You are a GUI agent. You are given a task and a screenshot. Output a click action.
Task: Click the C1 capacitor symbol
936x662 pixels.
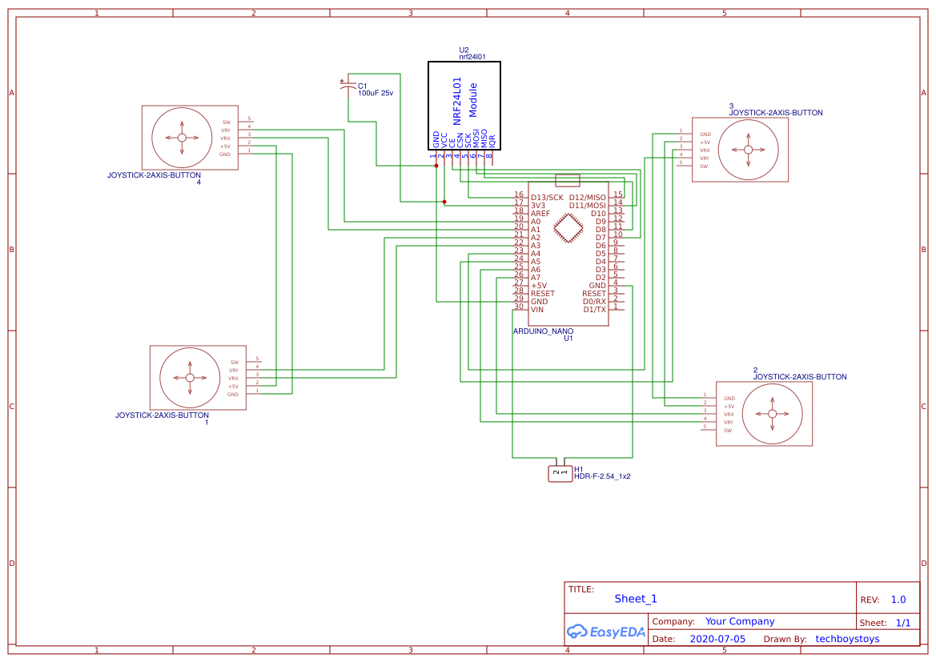pos(347,86)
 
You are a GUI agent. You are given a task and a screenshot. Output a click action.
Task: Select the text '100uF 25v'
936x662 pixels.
pos(376,94)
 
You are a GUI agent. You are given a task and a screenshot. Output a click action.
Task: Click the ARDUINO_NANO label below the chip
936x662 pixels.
pos(543,331)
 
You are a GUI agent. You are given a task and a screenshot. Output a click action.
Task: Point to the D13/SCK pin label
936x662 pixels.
pos(547,197)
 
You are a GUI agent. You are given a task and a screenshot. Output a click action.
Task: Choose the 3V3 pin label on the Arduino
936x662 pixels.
pos(538,206)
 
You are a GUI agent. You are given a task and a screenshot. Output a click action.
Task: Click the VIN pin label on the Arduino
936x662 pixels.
pos(537,310)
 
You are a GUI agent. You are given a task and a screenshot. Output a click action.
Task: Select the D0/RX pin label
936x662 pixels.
pos(594,302)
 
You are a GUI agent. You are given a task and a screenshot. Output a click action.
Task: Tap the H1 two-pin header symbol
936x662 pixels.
pos(560,474)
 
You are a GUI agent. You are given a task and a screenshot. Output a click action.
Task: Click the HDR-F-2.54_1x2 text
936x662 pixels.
pos(602,476)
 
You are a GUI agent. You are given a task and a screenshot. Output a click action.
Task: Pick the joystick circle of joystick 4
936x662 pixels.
pos(182,138)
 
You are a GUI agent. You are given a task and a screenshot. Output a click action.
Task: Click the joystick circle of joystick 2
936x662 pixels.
pos(772,414)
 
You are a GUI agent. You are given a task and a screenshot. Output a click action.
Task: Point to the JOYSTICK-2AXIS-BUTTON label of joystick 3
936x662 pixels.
pos(775,113)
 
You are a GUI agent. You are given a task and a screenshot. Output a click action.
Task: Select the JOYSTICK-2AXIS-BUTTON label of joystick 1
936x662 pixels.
pos(162,415)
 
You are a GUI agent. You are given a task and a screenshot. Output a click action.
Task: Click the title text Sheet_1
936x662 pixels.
pos(636,599)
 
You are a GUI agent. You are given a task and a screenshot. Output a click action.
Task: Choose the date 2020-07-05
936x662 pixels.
pos(717,639)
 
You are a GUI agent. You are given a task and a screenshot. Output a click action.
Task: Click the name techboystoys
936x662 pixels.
pos(847,639)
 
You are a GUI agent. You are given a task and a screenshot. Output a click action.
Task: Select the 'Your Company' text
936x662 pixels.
pos(740,621)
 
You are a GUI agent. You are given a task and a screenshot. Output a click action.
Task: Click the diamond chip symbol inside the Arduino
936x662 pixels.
pos(568,230)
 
